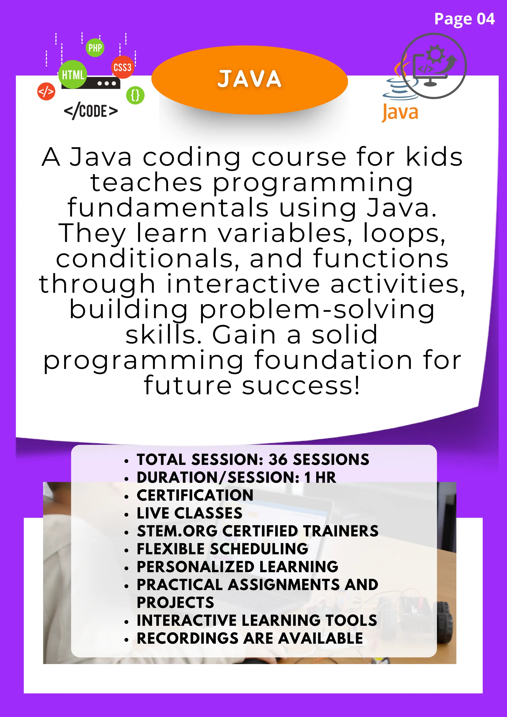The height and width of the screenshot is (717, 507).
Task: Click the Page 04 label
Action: tap(464, 19)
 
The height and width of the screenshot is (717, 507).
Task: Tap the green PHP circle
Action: tap(95, 48)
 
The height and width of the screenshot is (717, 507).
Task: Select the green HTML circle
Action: tap(73, 75)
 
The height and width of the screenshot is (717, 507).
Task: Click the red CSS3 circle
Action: tap(122, 67)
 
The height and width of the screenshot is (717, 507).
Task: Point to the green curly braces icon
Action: tap(135, 95)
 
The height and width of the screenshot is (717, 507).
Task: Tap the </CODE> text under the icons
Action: tap(91, 111)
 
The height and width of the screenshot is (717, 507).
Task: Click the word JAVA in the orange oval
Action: tap(250, 79)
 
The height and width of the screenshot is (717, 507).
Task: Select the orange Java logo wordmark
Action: tap(400, 112)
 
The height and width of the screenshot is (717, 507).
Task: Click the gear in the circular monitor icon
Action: tap(435, 54)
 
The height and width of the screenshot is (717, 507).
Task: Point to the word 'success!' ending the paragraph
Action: tap(301, 386)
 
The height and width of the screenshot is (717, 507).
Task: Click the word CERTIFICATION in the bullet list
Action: tap(195, 495)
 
